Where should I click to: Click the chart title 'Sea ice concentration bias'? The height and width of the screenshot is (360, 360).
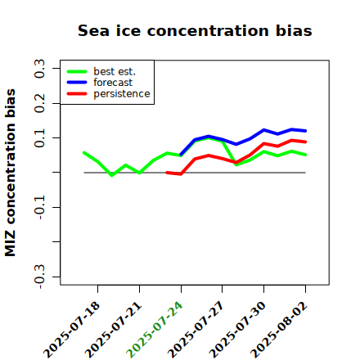click(x=195, y=30)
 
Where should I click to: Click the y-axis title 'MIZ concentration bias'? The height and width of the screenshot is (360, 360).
click(x=11, y=173)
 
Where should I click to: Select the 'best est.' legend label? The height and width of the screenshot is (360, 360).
click(x=115, y=71)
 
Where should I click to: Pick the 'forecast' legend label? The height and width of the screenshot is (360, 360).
click(x=113, y=83)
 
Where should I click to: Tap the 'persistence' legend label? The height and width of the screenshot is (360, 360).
click(x=122, y=94)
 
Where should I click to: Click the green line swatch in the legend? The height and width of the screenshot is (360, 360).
click(x=77, y=71)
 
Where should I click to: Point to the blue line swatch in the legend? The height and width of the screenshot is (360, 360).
click(x=77, y=83)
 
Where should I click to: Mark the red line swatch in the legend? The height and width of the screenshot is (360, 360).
click(x=77, y=94)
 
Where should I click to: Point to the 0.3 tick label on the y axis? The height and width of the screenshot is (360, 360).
click(x=39, y=69)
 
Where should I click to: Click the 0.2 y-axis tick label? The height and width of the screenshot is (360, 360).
click(x=39, y=103)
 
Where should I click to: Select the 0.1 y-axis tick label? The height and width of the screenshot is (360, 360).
click(x=39, y=138)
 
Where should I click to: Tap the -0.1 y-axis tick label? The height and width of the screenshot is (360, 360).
click(x=39, y=208)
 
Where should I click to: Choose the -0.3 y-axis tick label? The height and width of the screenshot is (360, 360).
click(x=39, y=277)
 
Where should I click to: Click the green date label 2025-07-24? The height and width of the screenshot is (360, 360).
click(x=155, y=329)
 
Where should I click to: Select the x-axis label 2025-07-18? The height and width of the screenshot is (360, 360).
click(x=71, y=329)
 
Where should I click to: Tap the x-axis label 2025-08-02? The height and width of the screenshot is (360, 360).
click(x=279, y=329)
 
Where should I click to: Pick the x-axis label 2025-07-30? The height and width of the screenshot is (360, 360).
click(x=237, y=329)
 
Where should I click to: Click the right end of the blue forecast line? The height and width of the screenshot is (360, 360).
click(x=305, y=131)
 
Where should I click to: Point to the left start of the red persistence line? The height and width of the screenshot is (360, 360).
click(x=167, y=173)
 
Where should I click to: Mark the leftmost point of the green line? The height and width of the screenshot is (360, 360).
click(x=84, y=153)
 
